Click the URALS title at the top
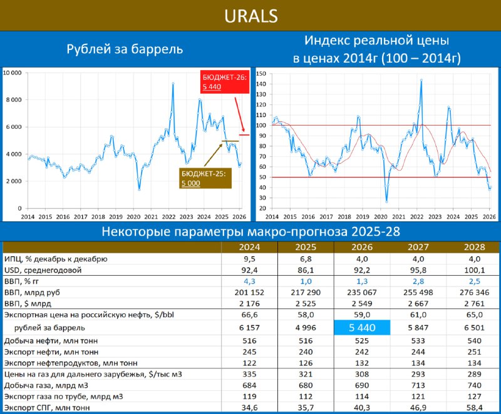pyautogui.click(x=250, y=16)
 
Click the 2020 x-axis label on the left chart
pyautogui.click(x=133, y=216)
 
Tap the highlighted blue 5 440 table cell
pyautogui.click(x=362, y=327)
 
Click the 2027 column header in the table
pyautogui.click(x=418, y=246)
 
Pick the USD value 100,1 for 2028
pyautogui.click(x=473, y=270)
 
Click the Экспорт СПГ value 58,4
pyautogui.click(x=473, y=408)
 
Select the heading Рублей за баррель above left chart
pyautogui.click(x=125, y=49)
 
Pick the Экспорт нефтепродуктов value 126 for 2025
pyautogui.click(x=306, y=362)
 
